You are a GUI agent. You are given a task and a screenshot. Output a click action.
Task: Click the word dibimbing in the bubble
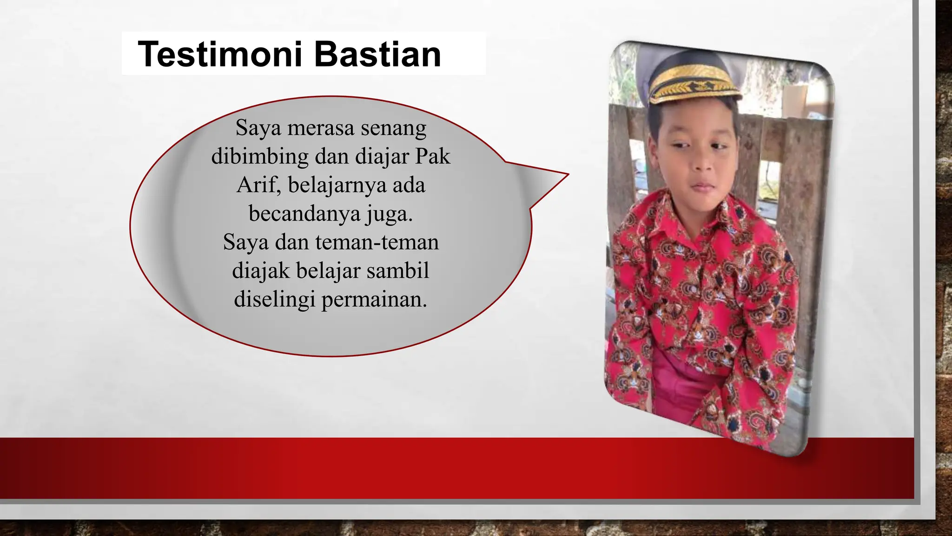click(260, 156)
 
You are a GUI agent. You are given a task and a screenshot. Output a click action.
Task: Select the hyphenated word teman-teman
click(377, 242)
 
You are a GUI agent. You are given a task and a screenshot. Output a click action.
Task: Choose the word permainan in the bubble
click(374, 299)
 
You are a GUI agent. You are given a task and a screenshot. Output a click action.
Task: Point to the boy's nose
click(702, 163)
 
